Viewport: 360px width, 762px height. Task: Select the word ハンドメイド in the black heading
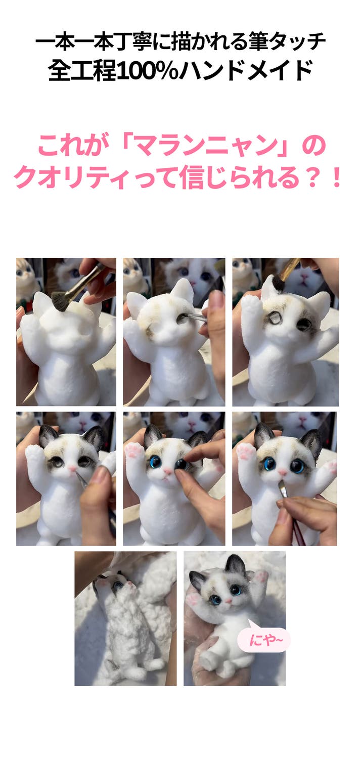(246, 71)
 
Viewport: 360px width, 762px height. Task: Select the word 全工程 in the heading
(82, 71)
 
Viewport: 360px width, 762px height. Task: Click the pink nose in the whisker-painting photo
(72, 469)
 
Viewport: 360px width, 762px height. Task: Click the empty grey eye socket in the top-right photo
(273, 319)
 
